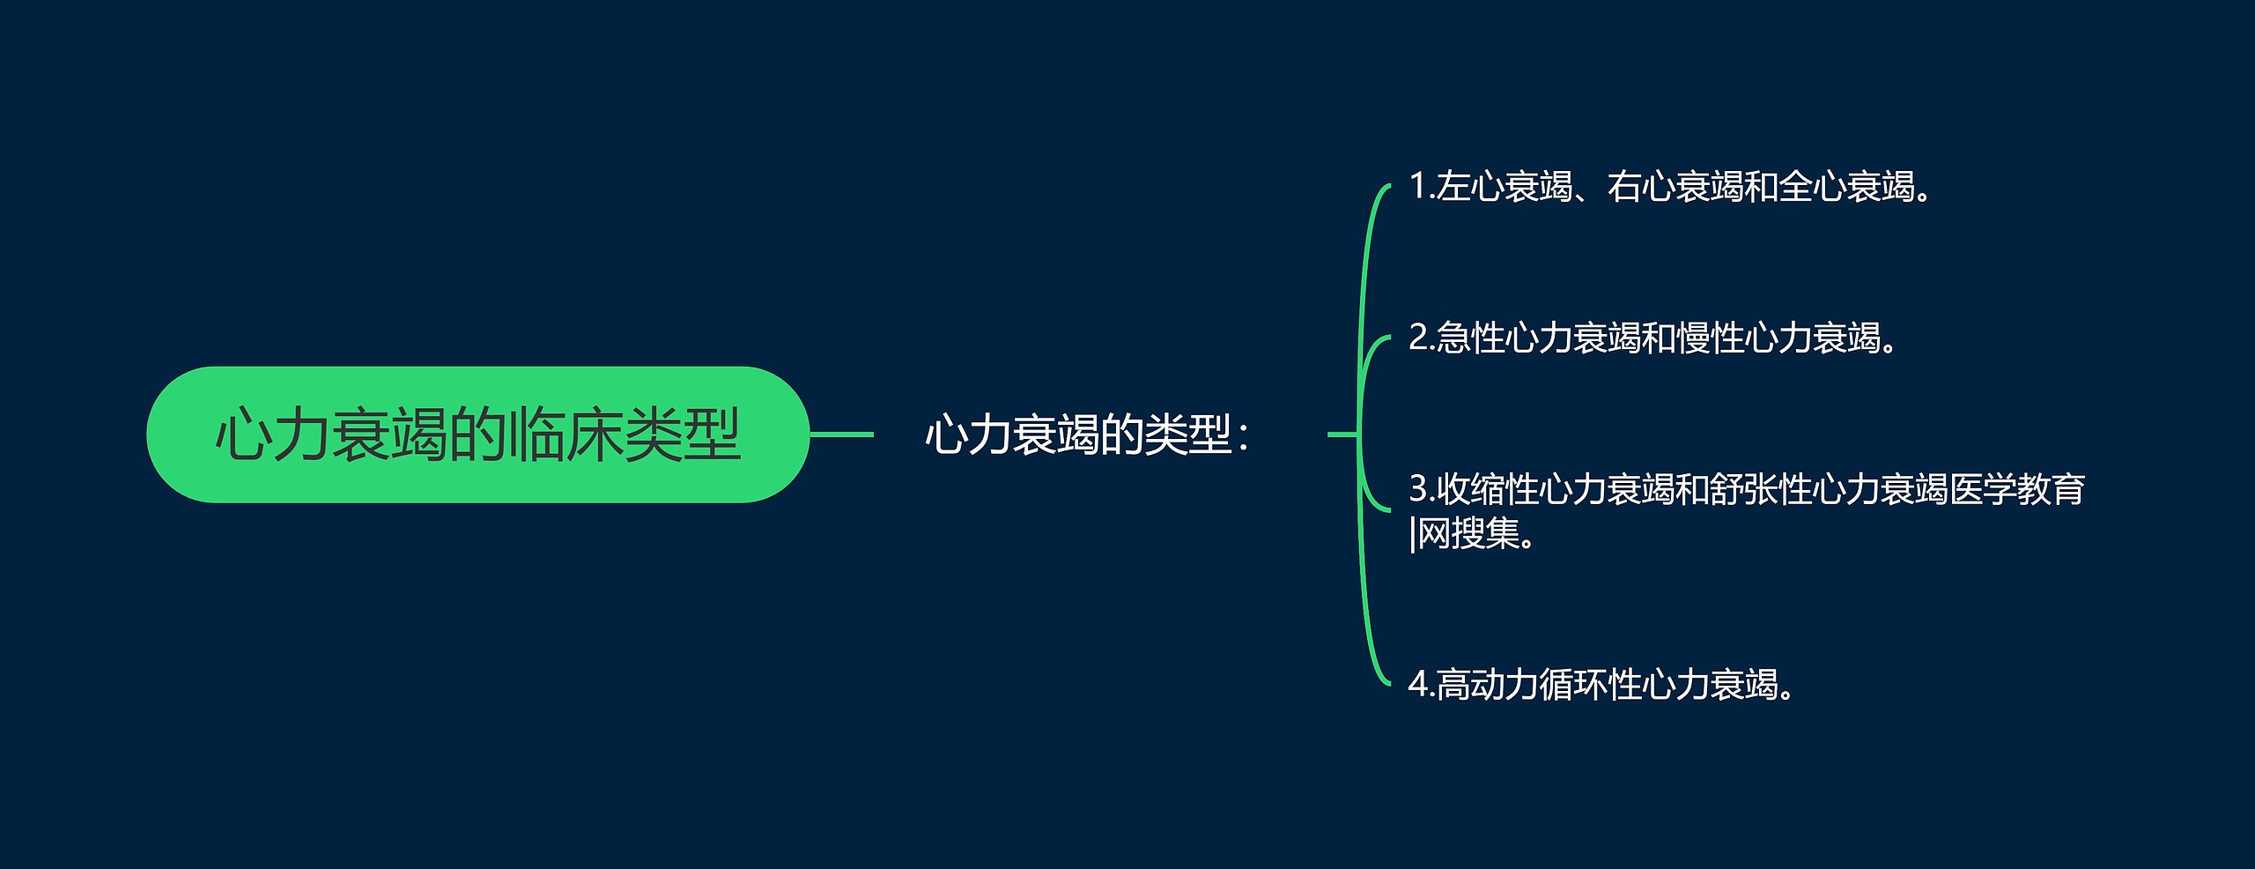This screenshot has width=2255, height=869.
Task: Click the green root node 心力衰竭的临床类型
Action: pyautogui.click(x=477, y=434)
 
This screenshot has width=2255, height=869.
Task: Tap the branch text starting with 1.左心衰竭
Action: pyautogui.click(x=1670, y=187)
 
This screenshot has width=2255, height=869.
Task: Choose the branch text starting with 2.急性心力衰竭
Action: pyautogui.click(x=1652, y=338)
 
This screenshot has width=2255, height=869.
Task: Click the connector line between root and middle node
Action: pyautogui.click(x=841, y=434)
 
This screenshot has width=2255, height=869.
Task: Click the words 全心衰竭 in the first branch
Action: pyautogui.click(x=1845, y=187)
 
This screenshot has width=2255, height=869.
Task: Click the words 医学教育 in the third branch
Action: pyautogui.click(x=2017, y=490)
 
